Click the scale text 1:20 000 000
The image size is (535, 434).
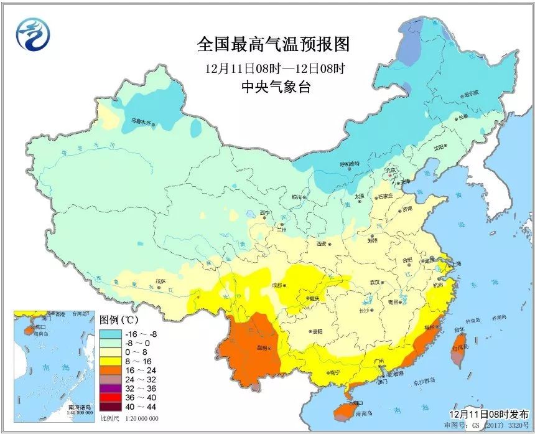coord(141,418)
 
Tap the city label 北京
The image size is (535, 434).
coord(390,169)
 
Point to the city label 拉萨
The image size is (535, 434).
coord(160,281)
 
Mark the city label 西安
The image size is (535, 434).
coord(322,243)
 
